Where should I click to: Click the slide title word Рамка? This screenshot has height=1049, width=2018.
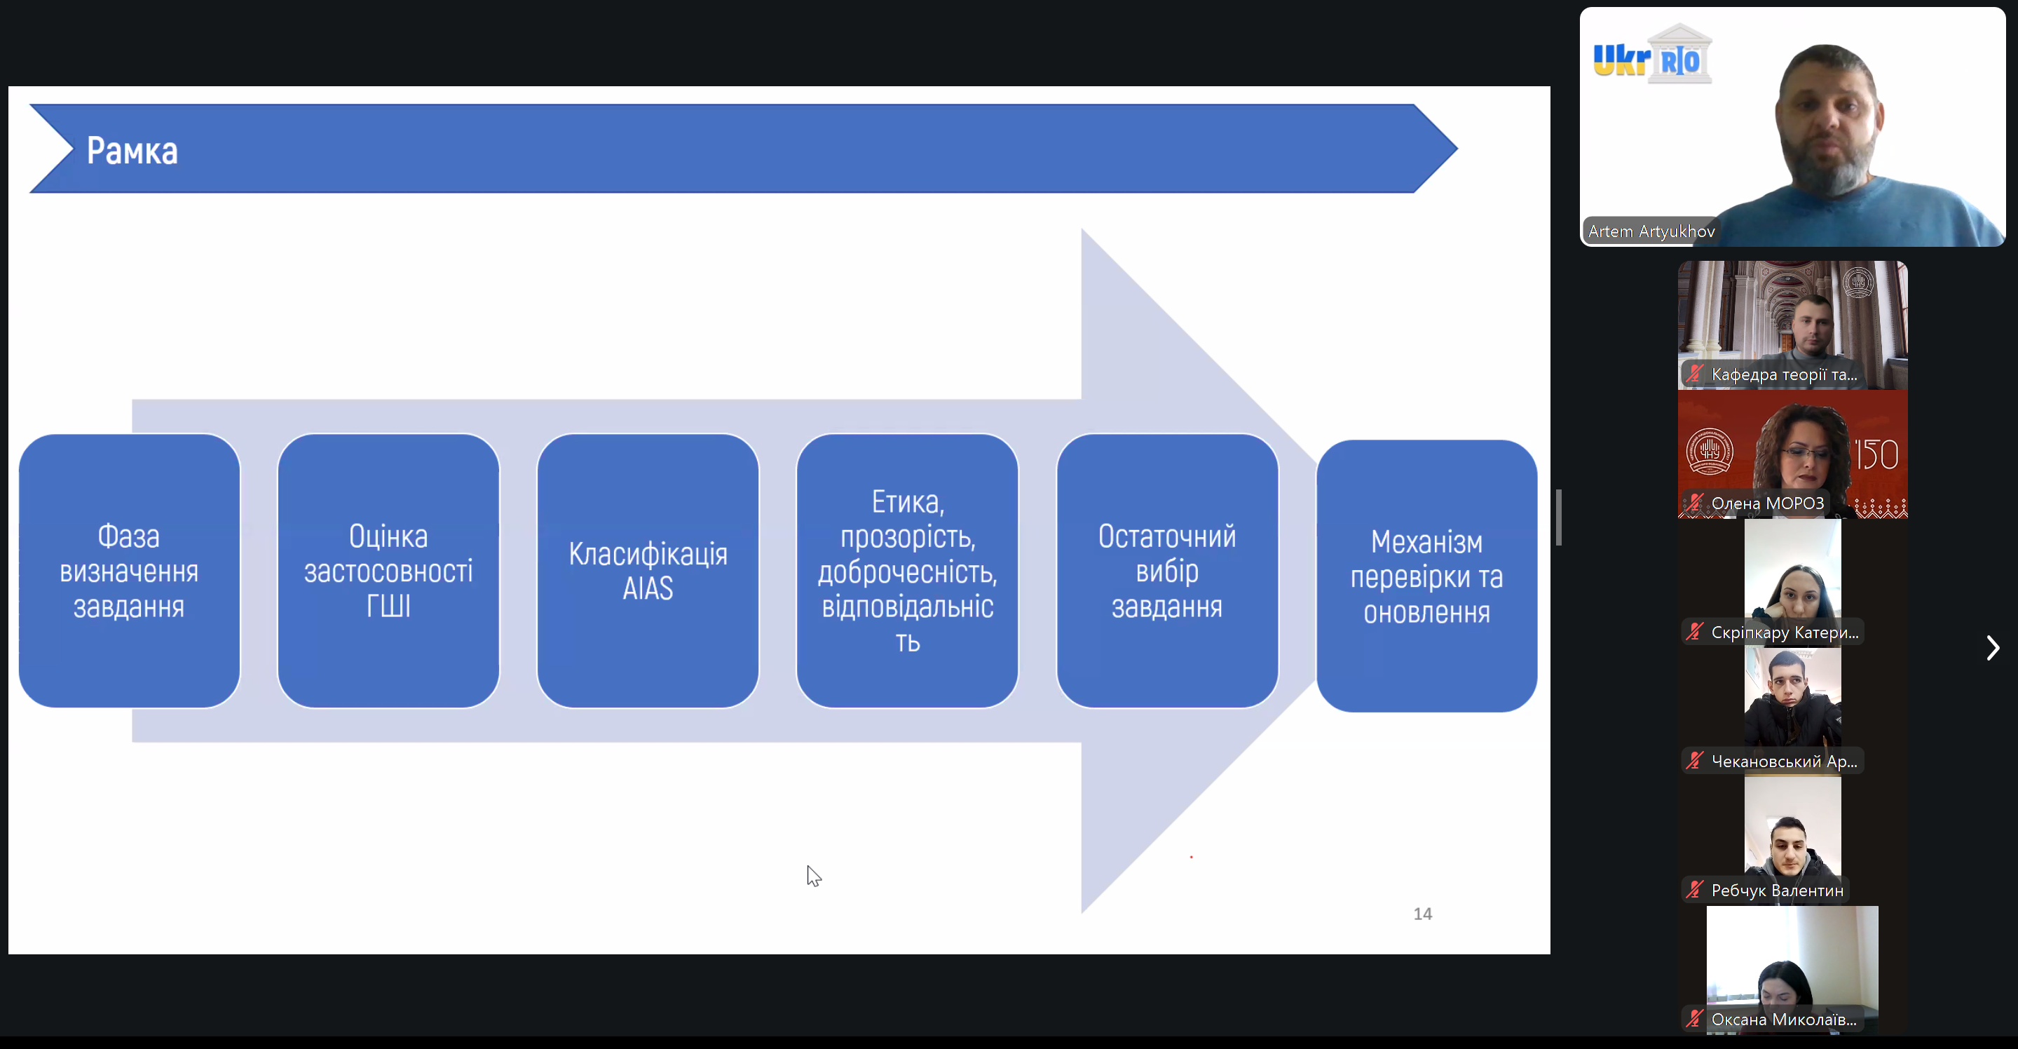[x=132, y=151]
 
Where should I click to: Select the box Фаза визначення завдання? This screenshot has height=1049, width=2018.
[x=129, y=571]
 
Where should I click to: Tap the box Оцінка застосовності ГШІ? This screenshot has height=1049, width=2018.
[x=388, y=571]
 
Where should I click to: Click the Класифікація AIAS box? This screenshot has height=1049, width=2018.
[x=648, y=571]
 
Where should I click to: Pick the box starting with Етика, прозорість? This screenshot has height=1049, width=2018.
[x=907, y=571]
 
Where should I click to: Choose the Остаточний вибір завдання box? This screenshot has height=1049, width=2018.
[x=1167, y=571]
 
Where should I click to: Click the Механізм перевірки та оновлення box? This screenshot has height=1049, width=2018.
[x=1426, y=576]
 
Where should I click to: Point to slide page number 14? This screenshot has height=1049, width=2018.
[x=1423, y=914]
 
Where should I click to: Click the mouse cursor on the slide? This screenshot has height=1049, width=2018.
[x=814, y=876]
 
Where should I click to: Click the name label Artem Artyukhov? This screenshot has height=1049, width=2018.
[x=1651, y=231]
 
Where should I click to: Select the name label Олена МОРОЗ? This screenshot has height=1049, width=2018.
[x=1767, y=503]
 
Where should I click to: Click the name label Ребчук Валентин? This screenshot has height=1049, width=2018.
[x=1777, y=890]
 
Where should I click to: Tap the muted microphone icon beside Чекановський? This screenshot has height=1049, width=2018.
[x=1694, y=760]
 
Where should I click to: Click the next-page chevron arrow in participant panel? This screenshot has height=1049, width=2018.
[x=1993, y=648]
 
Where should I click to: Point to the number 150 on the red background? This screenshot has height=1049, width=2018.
[x=1876, y=454]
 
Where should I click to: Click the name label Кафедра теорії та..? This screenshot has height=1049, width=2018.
[x=1784, y=374]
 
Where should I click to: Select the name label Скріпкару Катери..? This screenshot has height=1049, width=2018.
[x=1785, y=632]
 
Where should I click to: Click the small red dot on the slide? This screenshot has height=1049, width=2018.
[x=1191, y=857]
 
